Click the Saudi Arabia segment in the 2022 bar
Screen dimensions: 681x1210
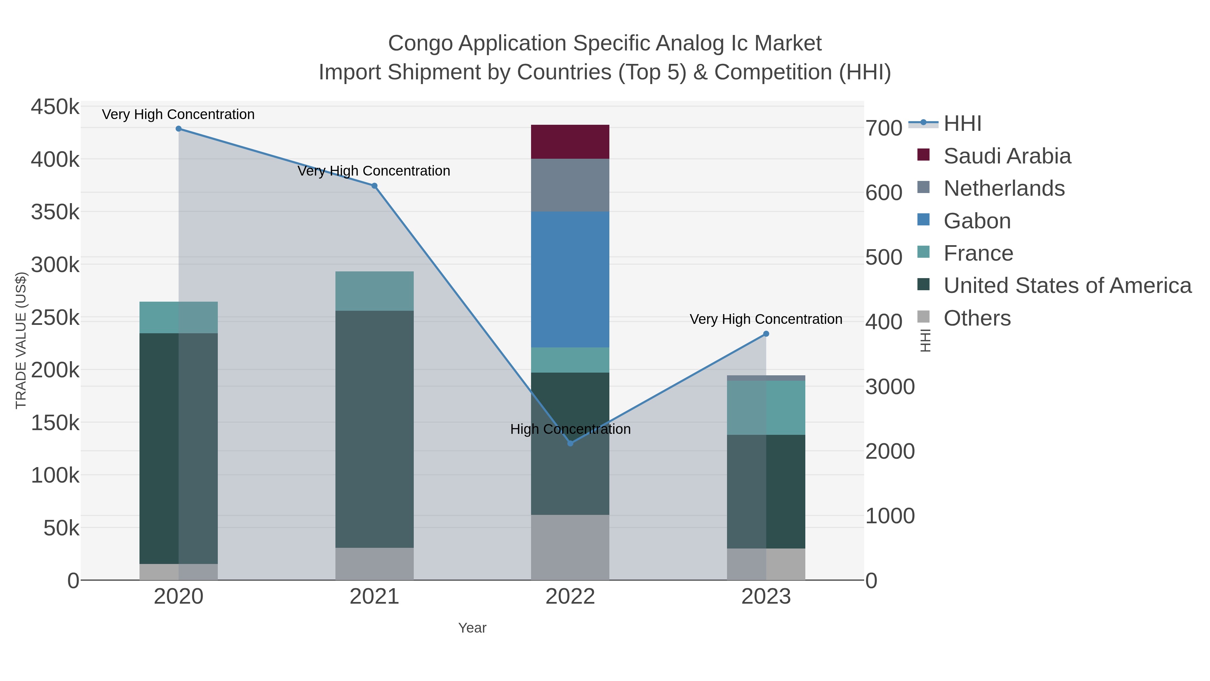tap(570, 142)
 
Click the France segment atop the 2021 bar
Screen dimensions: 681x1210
tap(374, 291)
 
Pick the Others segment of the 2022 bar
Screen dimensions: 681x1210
tap(570, 547)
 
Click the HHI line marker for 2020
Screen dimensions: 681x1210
tap(178, 129)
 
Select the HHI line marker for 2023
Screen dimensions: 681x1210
tap(766, 334)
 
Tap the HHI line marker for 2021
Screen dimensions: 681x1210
tap(374, 186)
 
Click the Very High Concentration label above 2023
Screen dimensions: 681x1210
tap(766, 319)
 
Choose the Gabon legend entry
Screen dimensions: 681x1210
tap(977, 221)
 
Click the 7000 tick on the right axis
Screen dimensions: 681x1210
tap(884, 128)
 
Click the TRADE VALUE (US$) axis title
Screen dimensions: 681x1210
tap(21, 340)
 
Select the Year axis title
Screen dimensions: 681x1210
tap(472, 628)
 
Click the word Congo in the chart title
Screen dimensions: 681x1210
tap(420, 43)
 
